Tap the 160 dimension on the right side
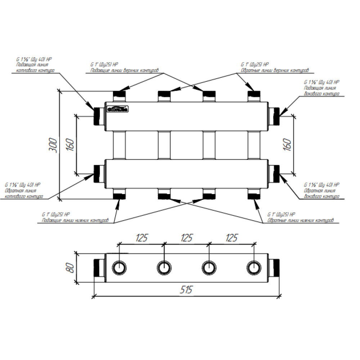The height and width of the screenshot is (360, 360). point(288,145)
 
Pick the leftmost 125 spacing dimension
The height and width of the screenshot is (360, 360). point(142,238)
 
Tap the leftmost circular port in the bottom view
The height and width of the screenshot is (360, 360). point(119,267)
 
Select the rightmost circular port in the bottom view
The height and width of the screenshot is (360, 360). point(253,267)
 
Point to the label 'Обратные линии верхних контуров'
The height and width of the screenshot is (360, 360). point(275,70)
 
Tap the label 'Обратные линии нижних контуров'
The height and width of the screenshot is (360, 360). point(300,220)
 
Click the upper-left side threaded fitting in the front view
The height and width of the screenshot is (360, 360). point(98,116)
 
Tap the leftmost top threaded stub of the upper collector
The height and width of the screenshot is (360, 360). point(119,95)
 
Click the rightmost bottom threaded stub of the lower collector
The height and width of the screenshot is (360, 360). point(254,195)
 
